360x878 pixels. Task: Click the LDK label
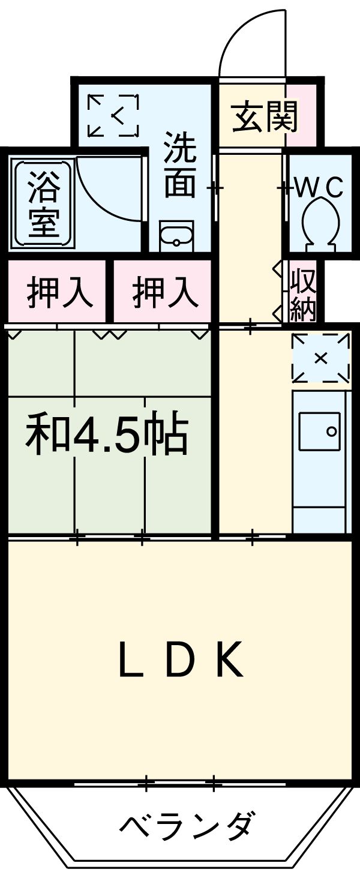(x=181, y=660)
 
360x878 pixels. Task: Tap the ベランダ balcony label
(x=187, y=827)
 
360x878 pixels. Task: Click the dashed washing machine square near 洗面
(x=113, y=115)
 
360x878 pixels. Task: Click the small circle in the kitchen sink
(x=330, y=430)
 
